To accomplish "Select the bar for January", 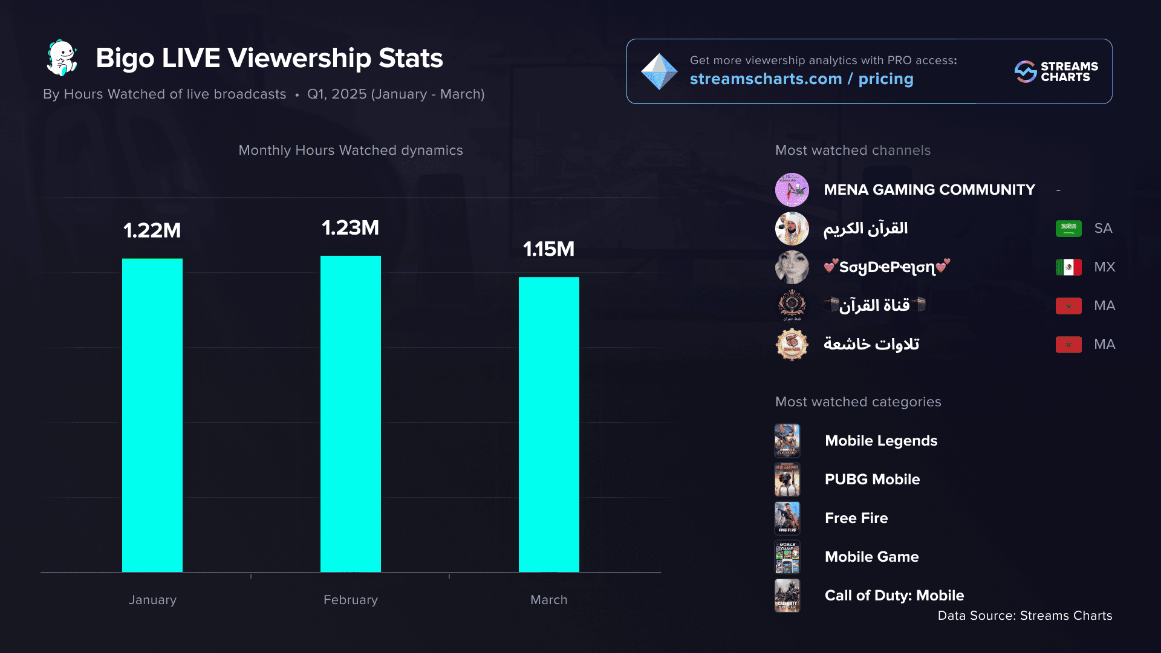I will coord(152,415).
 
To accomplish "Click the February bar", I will coord(351,414).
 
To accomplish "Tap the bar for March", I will coord(549,424).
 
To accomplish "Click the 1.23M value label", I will coord(351,228).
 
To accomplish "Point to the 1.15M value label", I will coord(549,249).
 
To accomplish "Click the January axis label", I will coord(152,600).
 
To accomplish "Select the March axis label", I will coord(549,600).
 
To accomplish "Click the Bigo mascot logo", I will coord(62,58).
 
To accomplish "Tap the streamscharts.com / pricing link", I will coord(801,79).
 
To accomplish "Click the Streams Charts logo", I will coord(1056,71).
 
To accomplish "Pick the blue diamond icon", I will coord(659,71).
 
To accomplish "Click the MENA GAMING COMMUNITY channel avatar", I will coord(792,190).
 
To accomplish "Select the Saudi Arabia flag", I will coord(1068,229).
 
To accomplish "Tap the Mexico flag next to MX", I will coord(1068,267).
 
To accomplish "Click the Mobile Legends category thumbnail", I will coord(787,441).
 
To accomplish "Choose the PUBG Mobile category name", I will coord(872,479).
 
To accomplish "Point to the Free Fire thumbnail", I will coord(787,518).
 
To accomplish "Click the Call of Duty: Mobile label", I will coord(894,596).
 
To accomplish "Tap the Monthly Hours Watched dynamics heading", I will coord(351,151).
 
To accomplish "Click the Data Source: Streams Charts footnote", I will coord(1025,616).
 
